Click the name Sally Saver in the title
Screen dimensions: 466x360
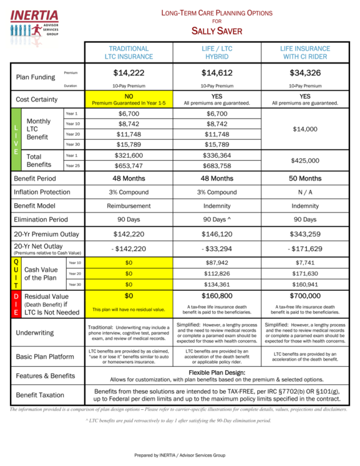(217, 30)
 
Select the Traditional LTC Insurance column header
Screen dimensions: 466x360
(129, 53)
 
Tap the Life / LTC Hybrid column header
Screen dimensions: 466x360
(217, 53)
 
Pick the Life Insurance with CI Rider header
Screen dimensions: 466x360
(305, 53)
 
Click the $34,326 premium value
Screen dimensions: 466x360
(305, 73)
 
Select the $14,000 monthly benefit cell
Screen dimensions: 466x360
(305, 128)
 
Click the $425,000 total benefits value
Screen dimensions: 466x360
(305, 161)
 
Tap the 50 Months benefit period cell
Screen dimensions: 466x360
(305, 178)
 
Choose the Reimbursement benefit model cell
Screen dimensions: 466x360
(129, 206)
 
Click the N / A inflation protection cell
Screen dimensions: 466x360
(305, 192)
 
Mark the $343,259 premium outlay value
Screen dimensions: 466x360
(305, 234)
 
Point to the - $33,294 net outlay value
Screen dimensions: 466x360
(217, 249)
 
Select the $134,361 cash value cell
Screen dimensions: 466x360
(217, 284)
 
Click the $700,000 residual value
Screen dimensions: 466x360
(305, 296)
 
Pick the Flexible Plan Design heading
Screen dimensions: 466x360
(217, 372)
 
